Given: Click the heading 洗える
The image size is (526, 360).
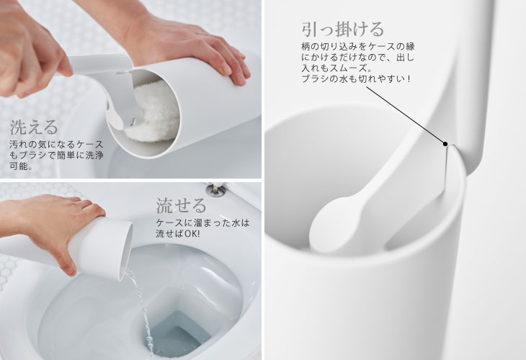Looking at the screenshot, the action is (34, 127).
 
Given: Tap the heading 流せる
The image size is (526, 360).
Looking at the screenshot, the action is (181, 205).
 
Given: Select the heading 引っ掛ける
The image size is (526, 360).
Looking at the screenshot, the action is (342, 30).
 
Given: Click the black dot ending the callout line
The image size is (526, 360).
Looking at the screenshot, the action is (445, 144).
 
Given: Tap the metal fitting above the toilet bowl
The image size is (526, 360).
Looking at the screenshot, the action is (215, 189).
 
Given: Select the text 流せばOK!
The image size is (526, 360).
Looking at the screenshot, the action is (177, 233).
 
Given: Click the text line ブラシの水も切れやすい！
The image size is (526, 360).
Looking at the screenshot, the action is (355, 79).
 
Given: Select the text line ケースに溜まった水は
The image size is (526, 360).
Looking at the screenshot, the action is (202, 222).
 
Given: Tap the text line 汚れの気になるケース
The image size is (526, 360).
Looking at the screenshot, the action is (56, 145).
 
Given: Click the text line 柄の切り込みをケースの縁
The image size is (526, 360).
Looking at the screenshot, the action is (357, 46).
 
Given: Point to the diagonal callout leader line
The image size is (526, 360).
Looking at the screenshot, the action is (406, 115).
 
